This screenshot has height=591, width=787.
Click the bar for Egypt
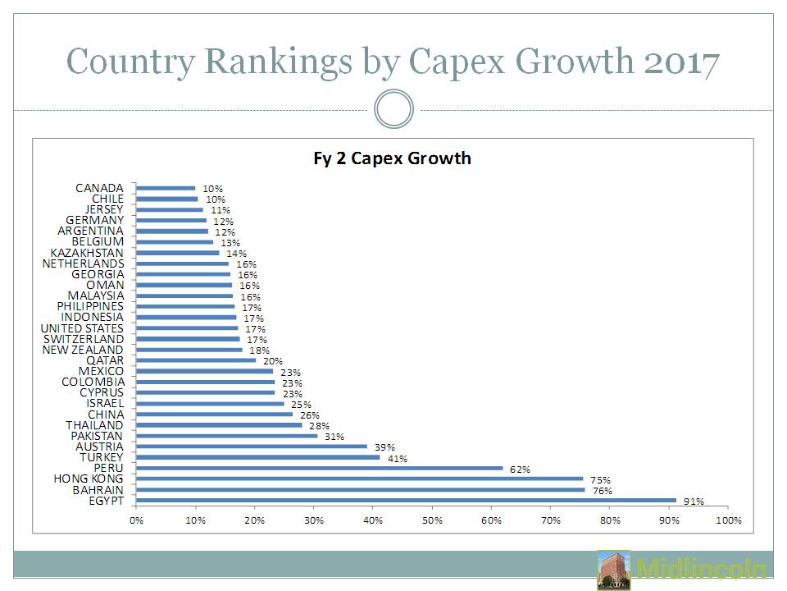pyautogui.click(x=406, y=500)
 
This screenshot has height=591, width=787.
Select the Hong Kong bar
pyautogui.click(x=359, y=479)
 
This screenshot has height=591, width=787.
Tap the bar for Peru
pyautogui.click(x=319, y=468)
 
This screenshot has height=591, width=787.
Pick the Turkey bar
pyautogui.click(x=257, y=457)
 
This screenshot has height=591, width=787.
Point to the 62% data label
pyautogui.click(x=520, y=470)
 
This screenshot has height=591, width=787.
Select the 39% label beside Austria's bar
pyautogui.click(x=384, y=447)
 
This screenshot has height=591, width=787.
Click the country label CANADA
pyautogui.click(x=99, y=188)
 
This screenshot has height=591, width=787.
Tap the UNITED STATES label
pyautogui.click(x=82, y=328)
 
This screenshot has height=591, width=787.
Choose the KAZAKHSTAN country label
pyautogui.click(x=87, y=253)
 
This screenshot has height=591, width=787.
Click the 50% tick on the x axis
pyautogui.click(x=432, y=520)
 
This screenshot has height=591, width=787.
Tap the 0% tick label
pyautogui.click(x=136, y=520)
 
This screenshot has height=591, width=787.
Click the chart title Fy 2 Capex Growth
pyautogui.click(x=392, y=158)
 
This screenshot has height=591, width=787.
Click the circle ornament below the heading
pyautogui.click(x=393, y=109)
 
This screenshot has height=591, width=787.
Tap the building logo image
pyautogui.click(x=614, y=570)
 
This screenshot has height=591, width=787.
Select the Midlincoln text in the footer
pyautogui.click(x=701, y=570)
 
